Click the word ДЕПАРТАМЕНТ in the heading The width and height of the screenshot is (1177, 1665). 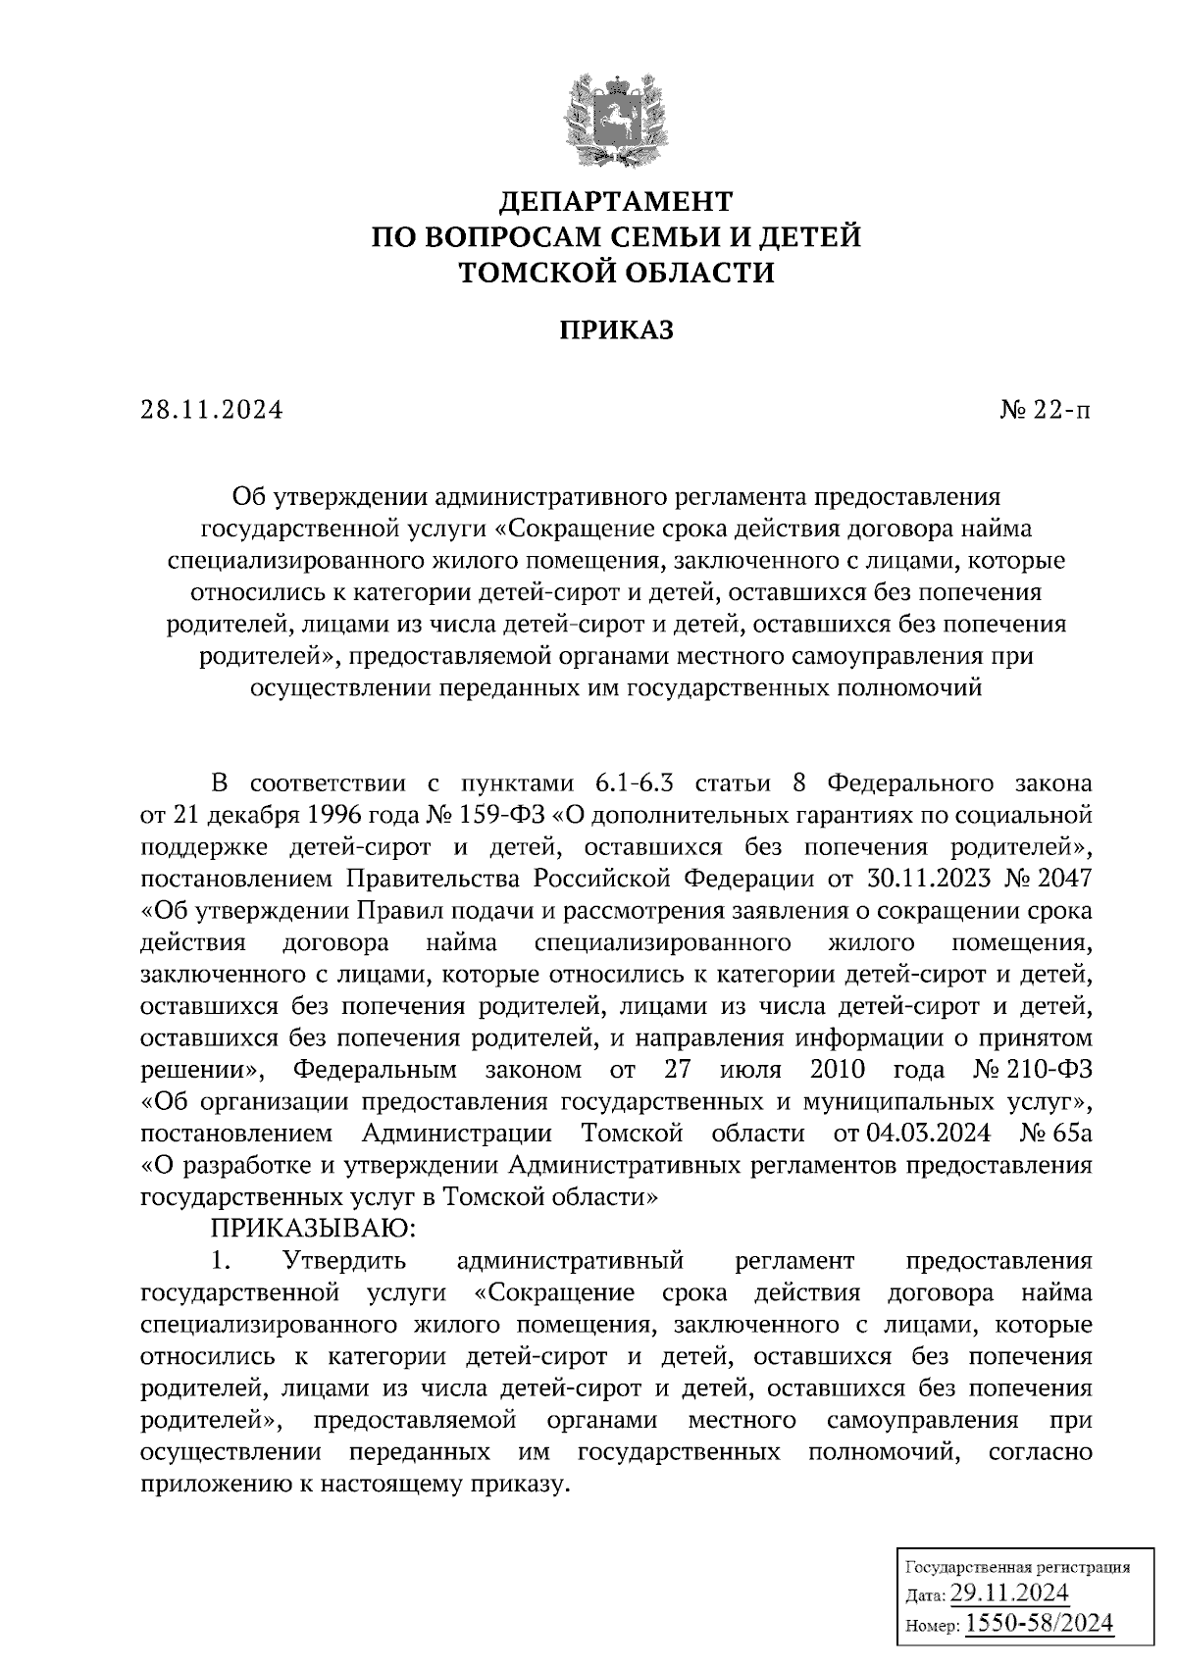pos(616,201)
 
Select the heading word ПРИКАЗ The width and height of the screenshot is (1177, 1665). pos(616,330)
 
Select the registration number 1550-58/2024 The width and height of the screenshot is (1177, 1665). pos(1040,1623)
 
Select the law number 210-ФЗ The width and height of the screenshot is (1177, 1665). pos(1055,1068)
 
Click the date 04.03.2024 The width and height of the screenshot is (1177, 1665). pos(928,1134)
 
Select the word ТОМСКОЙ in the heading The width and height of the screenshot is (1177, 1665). pos(537,272)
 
